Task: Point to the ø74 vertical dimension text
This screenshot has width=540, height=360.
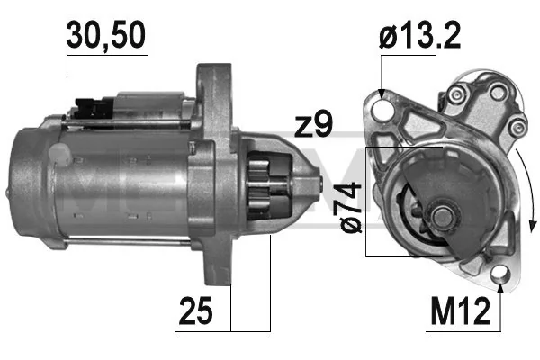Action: tap(351, 206)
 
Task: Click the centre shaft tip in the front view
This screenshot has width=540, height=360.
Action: tap(444, 217)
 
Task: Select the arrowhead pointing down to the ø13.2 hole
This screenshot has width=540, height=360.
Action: tap(383, 94)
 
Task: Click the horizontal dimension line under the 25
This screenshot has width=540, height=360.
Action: tap(250, 328)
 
